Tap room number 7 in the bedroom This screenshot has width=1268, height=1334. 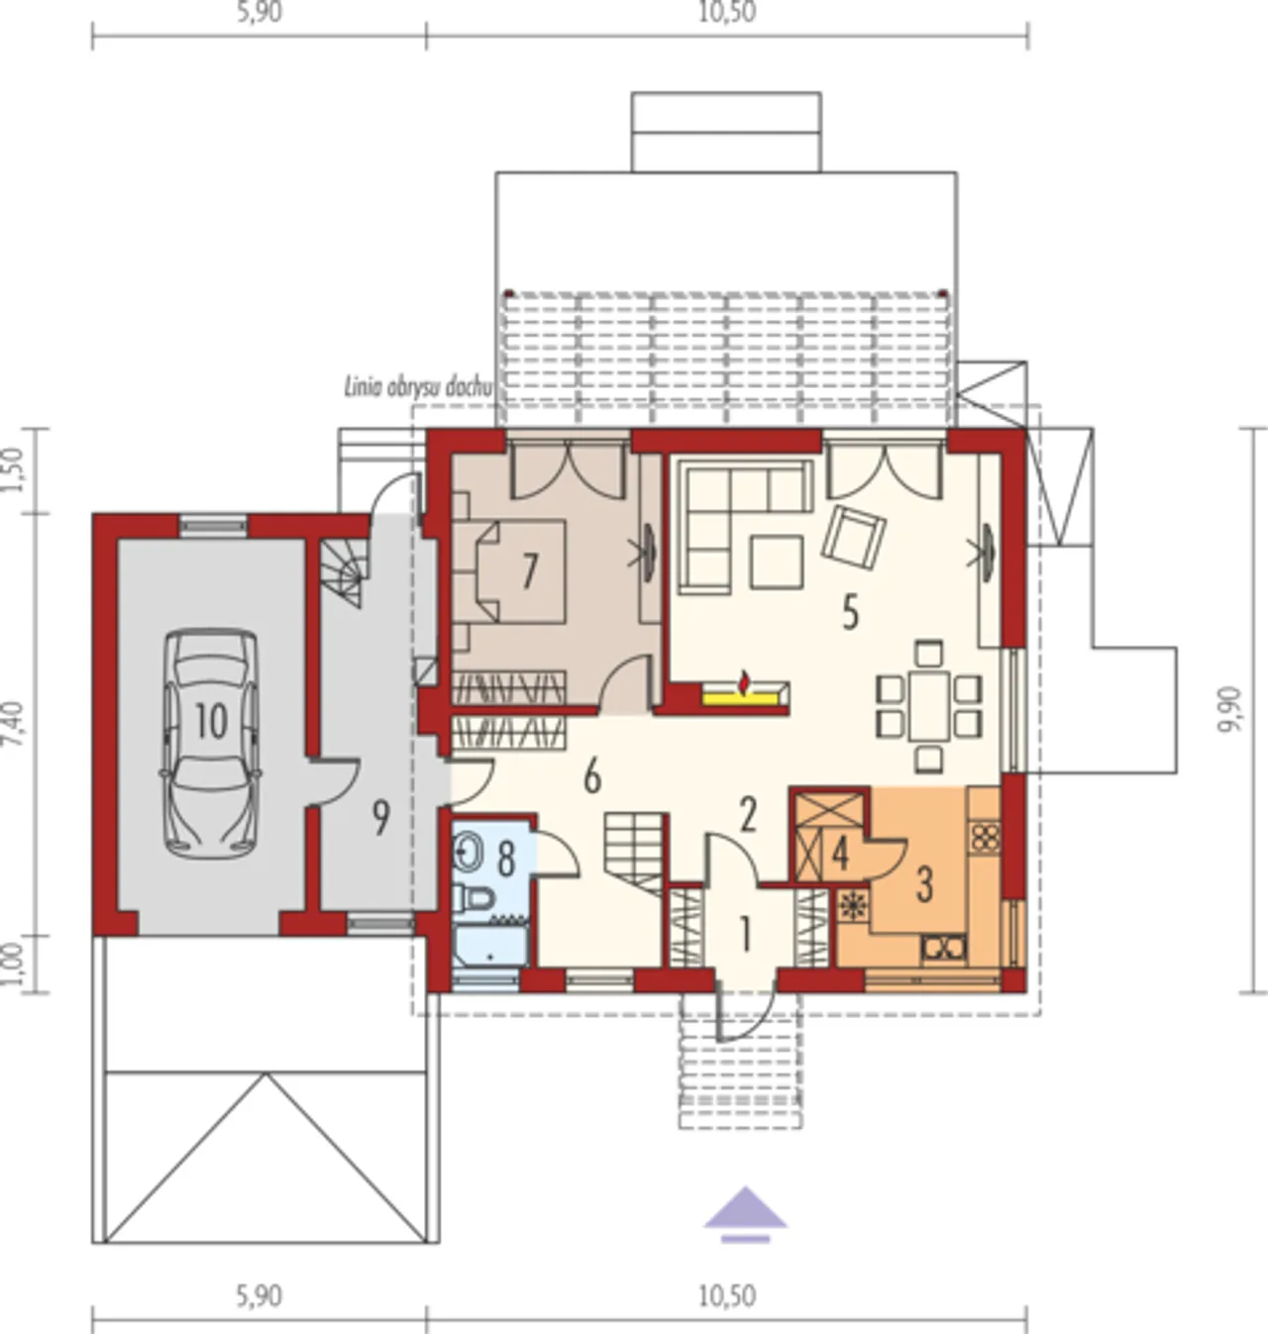point(530,570)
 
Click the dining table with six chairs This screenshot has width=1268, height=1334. point(928,706)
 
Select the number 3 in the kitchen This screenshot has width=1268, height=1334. point(924,884)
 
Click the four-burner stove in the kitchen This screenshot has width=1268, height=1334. point(985,837)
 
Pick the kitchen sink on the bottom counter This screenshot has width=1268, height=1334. point(943,947)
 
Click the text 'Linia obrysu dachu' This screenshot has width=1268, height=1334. point(417,387)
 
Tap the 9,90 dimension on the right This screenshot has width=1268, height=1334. point(1231,710)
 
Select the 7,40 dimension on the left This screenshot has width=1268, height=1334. point(15,723)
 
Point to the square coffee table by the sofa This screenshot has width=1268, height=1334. point(777,561)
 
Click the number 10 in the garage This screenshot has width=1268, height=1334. point(211,721)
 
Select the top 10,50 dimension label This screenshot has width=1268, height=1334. point(727,13)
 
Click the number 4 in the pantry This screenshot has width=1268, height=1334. point(840,855)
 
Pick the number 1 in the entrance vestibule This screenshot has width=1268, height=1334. point(745,934)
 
